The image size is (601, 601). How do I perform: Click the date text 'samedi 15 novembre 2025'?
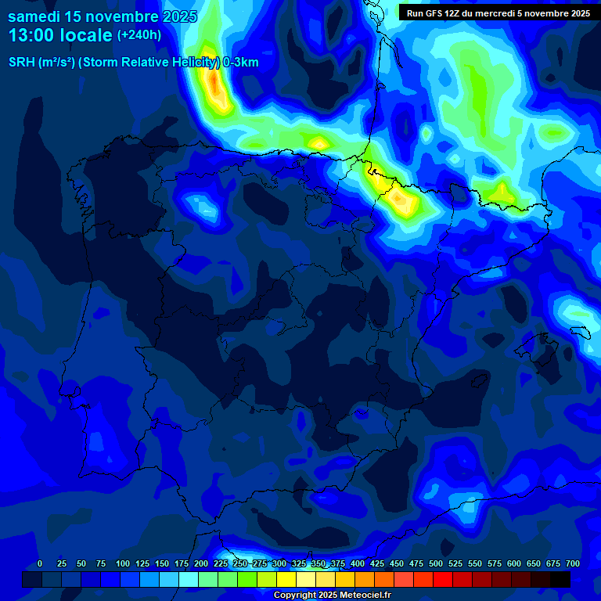point(102,16)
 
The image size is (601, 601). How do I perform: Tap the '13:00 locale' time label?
point(60,35)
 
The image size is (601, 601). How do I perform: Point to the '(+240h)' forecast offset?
point(139,34)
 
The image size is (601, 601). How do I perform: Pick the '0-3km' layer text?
point(240,63)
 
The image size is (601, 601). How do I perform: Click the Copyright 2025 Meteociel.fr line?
point(332,596)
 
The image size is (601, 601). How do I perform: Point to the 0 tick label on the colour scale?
point(40,564)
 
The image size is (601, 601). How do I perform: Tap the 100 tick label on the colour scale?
point(123,564)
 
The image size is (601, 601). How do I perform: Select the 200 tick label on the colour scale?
point(201,564)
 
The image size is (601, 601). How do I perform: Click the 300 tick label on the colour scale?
point(279,564)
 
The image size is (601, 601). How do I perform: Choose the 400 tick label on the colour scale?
point(358,564)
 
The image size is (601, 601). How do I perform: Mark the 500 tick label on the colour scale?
point(436,564)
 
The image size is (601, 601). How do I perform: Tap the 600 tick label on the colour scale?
point(514,564)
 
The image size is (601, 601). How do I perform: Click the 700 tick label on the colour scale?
point(573,564)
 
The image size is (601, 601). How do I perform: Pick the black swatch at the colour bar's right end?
point(560,579)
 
